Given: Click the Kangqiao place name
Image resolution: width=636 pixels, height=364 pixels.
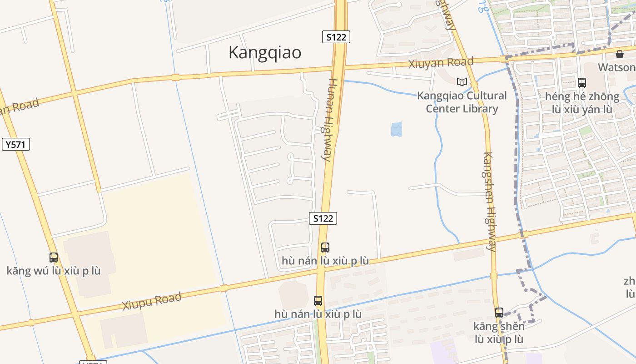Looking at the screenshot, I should (x=264, y=53).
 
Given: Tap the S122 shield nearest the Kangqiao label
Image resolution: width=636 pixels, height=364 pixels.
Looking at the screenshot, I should (x=336, y=37).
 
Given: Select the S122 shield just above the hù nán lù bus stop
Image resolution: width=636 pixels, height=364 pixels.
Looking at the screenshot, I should (x=323, y=218).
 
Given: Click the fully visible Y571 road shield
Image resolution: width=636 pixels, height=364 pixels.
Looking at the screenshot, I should (x=16, y=145).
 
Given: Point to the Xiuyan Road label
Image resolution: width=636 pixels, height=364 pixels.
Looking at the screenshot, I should (x=441, y=62).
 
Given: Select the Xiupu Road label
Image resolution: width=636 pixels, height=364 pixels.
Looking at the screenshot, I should (x=152, y=301).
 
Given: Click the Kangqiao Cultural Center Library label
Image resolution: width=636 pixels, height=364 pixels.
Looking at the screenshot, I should (x=462, y=102).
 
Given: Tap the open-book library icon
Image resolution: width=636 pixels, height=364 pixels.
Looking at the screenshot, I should (x=462, y=82).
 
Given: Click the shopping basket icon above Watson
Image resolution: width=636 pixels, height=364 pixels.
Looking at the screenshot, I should (x=620, y=55).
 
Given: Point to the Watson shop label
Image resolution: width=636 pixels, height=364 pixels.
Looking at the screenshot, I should (x=617, y=67).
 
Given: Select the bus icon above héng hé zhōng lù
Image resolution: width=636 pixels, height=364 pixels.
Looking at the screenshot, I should (x=582, y=83).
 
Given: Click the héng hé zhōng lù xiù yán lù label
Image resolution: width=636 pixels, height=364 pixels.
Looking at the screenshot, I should (x=582, y=103).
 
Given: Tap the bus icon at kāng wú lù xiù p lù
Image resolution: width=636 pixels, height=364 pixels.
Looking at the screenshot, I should (x=54, y=258).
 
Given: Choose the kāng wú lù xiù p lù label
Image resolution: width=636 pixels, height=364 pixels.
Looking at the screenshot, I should (x=54, y=271).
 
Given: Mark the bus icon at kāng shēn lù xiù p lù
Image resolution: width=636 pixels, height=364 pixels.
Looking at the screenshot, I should (x=499, y=313).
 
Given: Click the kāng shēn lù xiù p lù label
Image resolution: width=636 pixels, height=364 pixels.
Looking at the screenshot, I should (x=499, y=333).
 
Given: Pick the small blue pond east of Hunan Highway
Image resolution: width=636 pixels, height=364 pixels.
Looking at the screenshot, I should (x=397, y=129).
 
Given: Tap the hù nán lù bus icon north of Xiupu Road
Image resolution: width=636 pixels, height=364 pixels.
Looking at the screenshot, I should (x=325, y=248).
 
